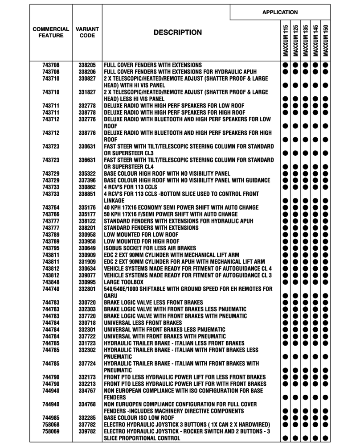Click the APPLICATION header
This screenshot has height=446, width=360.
tap(280, 12)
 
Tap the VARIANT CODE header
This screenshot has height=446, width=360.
tap(87, 32)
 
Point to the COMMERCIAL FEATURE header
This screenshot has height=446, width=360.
tap(51, 32)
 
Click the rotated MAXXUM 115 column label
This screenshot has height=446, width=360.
tap(285, 41)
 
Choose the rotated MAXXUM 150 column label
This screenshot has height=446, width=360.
tap(326, 41)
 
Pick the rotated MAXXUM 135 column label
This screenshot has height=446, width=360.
tap(306, 41)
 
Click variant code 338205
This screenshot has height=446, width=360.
tap(87, 65)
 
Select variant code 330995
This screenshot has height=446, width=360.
tap(87, 282)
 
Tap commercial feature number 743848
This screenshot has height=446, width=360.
tap(51, 282)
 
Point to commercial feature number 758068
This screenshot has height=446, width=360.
tap(51, 425)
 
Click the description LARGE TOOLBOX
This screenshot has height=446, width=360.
tap(123, 282)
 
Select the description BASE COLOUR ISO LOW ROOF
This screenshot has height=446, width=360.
tap(139, 418)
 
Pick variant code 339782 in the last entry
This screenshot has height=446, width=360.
tap(87, 432)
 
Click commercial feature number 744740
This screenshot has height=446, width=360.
tap(51, 289)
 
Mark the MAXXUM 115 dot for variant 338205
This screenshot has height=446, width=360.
tap(285, 65)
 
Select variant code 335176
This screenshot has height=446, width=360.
tap(87, 207)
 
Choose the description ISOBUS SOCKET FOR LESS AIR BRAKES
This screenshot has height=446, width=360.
tap(150, 248)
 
